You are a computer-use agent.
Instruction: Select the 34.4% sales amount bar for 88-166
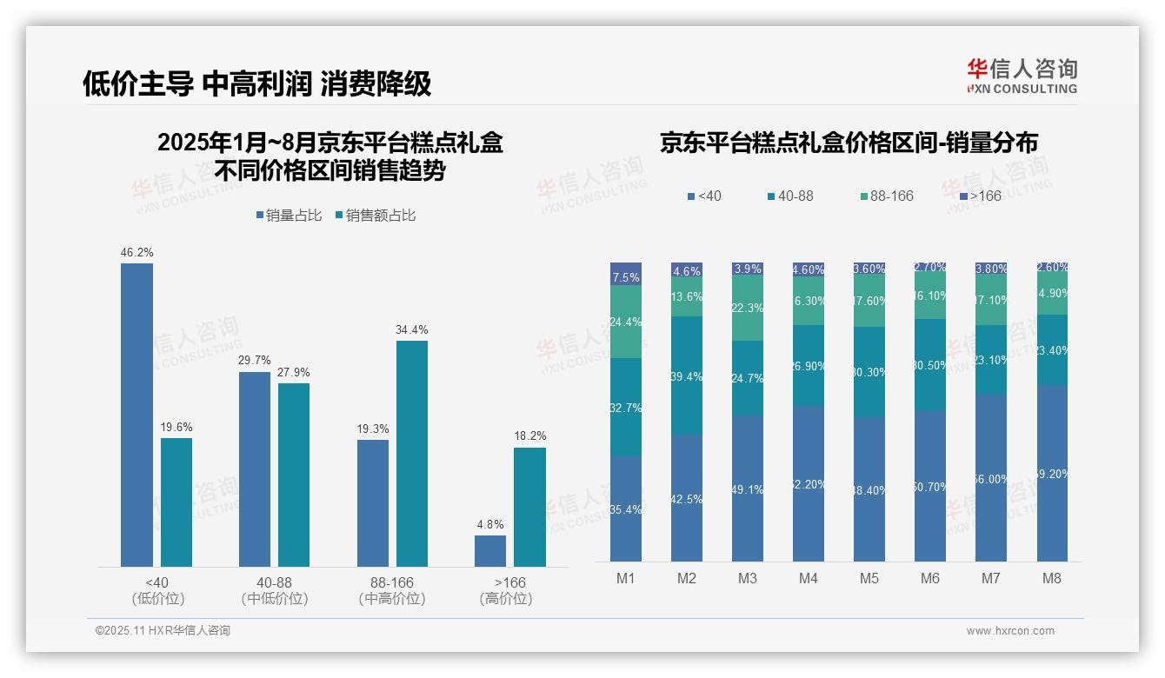(412, 453)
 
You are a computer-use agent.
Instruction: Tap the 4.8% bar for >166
(490, 551)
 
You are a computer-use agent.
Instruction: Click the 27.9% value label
(294, 372)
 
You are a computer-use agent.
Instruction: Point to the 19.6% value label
(176, 427)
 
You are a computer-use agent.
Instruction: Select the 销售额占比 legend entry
(376, 216)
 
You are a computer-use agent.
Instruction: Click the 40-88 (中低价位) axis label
(274, 590)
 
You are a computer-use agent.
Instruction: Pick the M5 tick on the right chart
(869, 578)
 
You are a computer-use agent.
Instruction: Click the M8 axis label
(1051, 578)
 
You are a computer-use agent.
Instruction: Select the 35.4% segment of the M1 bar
(626, 508)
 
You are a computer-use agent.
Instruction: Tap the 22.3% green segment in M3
(748, 309)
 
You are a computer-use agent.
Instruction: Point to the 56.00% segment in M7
(990, 478)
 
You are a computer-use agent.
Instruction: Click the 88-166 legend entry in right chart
(886, 196)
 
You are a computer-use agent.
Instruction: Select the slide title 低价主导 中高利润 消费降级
(256, 83)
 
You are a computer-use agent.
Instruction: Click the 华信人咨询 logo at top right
(1022, 75)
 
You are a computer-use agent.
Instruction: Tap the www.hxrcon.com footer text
(1010, 631)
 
